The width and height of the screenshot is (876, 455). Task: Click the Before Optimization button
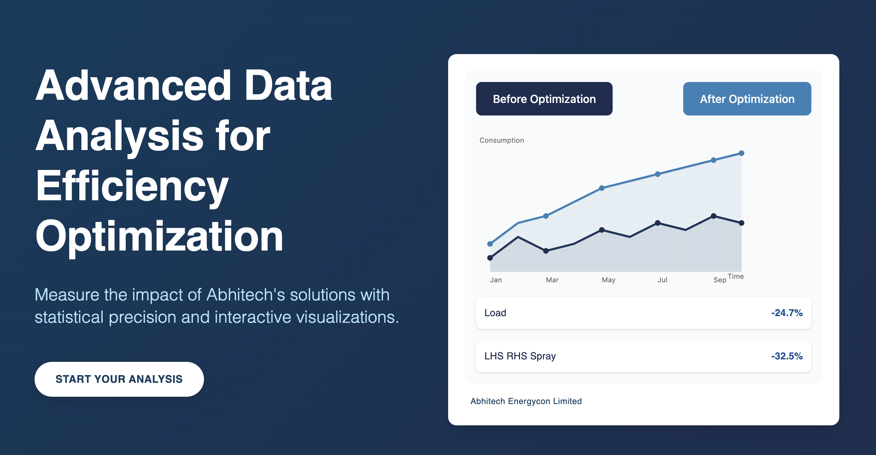click(x=544, y=99)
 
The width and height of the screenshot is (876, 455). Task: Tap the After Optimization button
click(x=747, y=99)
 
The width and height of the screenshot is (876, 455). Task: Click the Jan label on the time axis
click(x=496, y=280)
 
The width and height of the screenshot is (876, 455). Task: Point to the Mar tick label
click(x=552, y=280)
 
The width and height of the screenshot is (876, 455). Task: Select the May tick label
click(x=608, y=280)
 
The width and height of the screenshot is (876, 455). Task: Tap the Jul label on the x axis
click(x=662, y=280)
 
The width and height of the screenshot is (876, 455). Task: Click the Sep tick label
click(x=720, y=280)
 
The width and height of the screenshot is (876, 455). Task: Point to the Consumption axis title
click(x=502, y=140)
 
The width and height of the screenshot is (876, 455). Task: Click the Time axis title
click(x=736, y=276)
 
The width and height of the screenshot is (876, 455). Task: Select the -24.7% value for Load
click(x=787, y=313)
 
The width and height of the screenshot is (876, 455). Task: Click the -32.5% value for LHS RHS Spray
click(x=787, y=356)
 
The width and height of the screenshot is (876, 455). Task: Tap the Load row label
click(x=495, y=313)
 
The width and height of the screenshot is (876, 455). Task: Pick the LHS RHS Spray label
click(x=520, y=356)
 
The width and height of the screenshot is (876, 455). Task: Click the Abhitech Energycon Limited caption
click(x=526, y=401)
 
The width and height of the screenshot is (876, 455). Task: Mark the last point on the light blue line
click(x=742, y=153)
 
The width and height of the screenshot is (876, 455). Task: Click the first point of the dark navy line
click(x=490, y=258)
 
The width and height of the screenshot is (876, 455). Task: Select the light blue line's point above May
click(x=602, y=188)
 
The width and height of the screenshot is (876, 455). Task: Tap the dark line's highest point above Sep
click(x=714, y=216)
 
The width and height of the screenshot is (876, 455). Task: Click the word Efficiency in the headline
click(x=132, y=186)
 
